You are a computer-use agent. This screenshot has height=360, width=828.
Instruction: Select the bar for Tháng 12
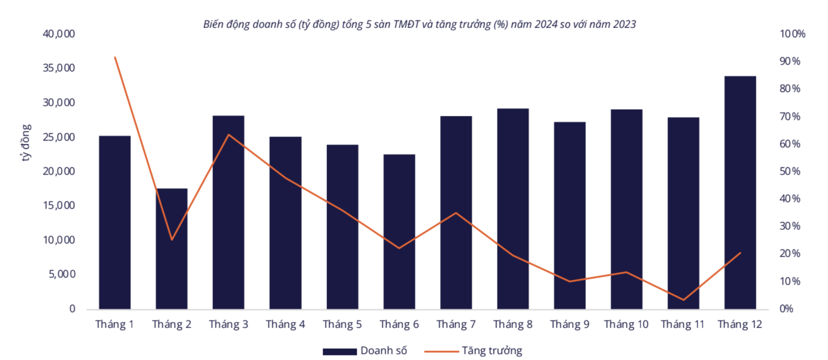point(740,193)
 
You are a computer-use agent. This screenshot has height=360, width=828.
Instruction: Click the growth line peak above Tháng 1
point(115,57)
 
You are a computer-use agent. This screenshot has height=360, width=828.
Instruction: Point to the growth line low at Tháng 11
point(683,300)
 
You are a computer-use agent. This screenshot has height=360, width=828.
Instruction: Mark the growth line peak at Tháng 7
point(456,213)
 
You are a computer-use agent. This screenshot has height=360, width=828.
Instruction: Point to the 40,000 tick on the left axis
point(59,34)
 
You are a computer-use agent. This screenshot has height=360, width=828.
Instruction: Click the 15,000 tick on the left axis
point(59,205)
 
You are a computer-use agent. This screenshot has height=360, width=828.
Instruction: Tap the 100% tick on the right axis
point(792,34)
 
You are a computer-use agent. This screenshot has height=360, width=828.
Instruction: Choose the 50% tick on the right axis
point(789,171)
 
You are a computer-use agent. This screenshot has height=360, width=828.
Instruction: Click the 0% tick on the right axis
point(786,309)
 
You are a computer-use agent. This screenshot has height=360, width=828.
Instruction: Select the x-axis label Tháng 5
point(342,324)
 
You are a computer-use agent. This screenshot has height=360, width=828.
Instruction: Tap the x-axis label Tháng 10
point(626,324)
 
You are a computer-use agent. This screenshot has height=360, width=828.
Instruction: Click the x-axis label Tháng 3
point(228,324)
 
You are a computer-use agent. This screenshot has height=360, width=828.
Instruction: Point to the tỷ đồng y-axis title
point(26,142)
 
